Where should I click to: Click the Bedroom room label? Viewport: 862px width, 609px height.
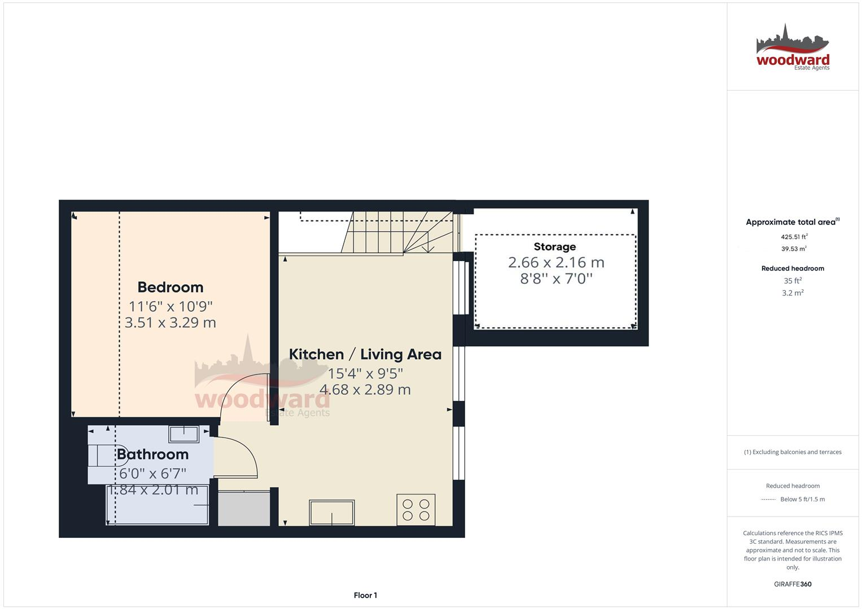click(x=170, y=287)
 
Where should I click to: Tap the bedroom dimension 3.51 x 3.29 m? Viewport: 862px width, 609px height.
click(x=170, y=323)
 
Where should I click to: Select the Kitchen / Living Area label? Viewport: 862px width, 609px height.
click(x=365, y=354)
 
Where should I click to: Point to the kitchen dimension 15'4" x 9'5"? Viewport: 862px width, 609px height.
click(x=365, y=373)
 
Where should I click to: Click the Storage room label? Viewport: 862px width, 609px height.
click(x=555, y=246)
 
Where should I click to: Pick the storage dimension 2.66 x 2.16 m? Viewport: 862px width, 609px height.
click(x=556, y=262)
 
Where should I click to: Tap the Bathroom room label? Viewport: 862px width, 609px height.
click(x=152, y=454)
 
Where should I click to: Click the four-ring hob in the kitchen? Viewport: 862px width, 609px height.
click(x=416, y=509)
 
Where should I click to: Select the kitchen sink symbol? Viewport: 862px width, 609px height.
click(x=332, y=513)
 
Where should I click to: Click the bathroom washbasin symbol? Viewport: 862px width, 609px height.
click(x=184, y=434)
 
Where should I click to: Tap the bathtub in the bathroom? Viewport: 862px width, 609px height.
click(x=157, y=505)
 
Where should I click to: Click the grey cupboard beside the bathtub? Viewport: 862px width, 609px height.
click(x=244, y=509)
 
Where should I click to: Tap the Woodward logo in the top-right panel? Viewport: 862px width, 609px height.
click(x=793, y=47)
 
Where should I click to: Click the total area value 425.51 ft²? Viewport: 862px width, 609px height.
click(x=794, y=237)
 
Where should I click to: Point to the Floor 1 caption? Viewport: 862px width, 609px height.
click(x=365, y=595)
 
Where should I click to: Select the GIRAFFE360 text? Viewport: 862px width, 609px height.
click(x=793, y=584)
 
